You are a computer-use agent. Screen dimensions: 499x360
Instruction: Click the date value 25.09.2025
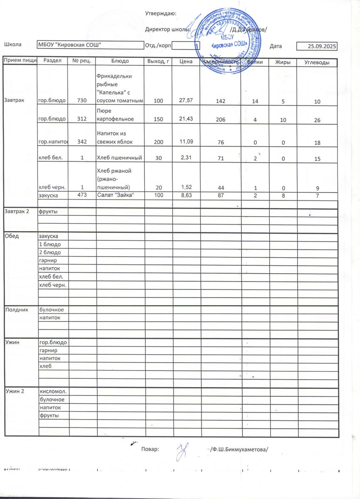tap(322, 46)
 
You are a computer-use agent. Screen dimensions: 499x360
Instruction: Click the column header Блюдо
tap(120, 62)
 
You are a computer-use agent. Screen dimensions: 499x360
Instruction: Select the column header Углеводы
tap(317, 62)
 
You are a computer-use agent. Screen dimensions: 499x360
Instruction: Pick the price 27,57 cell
tap(186, 101)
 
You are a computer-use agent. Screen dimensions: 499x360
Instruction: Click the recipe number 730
tap(82, 101)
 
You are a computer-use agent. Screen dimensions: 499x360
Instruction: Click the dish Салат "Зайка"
tap(115, 195)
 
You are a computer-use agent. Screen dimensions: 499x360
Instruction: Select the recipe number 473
tap(82, 195)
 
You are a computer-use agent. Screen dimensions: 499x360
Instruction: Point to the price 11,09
tap(186, 141)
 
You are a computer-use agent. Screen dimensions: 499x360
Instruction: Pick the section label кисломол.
tap(53, 392)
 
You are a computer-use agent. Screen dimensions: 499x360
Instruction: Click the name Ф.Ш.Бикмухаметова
tap(238, 449)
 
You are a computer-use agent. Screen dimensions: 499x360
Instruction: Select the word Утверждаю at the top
tap(161, 14)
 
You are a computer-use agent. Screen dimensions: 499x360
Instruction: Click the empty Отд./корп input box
tap(186, 45)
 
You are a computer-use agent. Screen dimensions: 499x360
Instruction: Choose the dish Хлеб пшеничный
tap(120, 158)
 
